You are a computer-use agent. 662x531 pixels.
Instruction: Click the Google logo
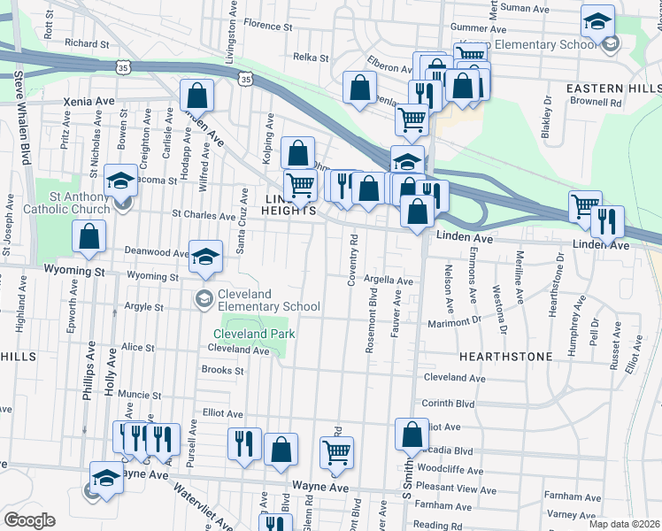(x=29, y=520)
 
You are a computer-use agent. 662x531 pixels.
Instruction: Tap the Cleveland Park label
(x=253, y=334)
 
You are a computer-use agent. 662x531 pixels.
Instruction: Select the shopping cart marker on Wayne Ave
(x=337, y=451)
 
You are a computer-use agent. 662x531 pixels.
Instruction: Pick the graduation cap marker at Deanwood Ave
(x=205, y=256)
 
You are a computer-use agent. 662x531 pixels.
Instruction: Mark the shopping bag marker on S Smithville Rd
(x=412, y=434)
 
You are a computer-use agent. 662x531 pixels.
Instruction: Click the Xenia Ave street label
(x=89, y=102)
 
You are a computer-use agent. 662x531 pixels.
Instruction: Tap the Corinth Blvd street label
(x=449, y=403)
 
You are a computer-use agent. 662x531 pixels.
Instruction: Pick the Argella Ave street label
(x=388, y=281)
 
